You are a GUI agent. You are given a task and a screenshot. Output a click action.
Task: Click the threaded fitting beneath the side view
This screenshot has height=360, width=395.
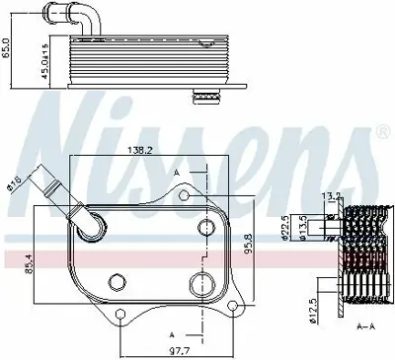(x=205, y=97)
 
